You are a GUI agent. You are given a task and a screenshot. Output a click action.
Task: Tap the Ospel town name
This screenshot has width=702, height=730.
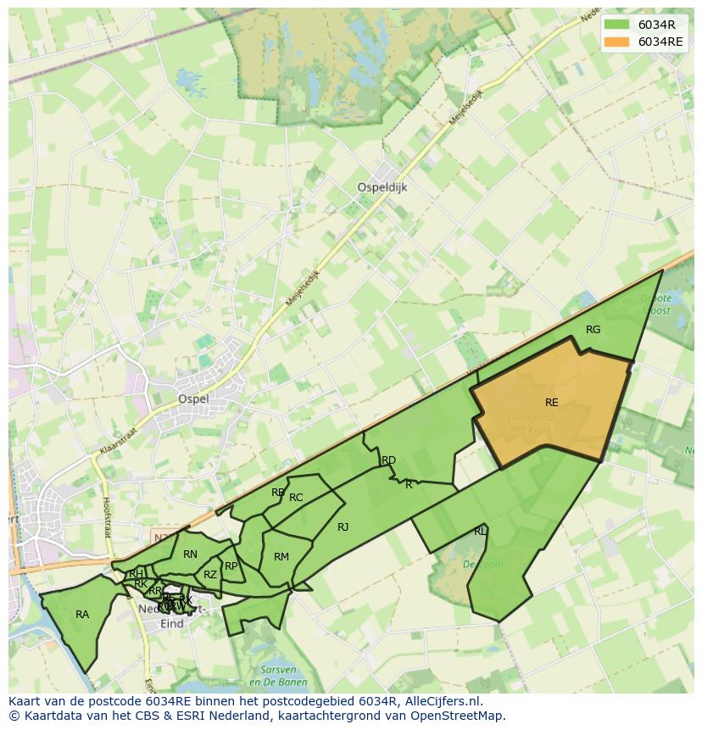pos(192,398)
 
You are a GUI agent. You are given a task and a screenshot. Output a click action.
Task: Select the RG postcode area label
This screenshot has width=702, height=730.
pos(593,330)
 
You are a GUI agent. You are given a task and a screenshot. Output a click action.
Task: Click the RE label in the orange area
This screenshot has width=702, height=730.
pos(551,403)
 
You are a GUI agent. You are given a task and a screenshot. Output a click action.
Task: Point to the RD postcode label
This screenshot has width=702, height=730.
pos(388,460)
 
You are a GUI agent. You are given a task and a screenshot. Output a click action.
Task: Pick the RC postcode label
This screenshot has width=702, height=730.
pos(296,498)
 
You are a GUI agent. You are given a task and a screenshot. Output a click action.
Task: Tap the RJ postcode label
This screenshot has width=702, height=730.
pos(343,527)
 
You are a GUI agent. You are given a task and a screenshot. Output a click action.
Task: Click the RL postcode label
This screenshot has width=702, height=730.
pos(480,532)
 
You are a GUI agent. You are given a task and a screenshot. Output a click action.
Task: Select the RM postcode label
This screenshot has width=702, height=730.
pos(281,557)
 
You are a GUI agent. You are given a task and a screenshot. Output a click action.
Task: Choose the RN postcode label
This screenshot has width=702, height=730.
pos(190,554)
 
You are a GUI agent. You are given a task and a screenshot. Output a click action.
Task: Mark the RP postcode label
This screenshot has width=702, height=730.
pos(231,566)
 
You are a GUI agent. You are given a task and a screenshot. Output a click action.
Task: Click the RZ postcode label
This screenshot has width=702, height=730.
pos(210,575)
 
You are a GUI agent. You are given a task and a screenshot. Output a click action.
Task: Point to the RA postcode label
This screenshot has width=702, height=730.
pos(82,615)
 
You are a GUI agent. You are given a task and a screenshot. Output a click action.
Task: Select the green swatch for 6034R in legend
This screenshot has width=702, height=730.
pos(617,25)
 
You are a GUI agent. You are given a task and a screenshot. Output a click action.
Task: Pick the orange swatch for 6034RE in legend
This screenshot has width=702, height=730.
pos(617,42)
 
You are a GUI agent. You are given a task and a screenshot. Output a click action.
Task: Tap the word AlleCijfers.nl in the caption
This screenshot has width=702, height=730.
pos(440,701)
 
